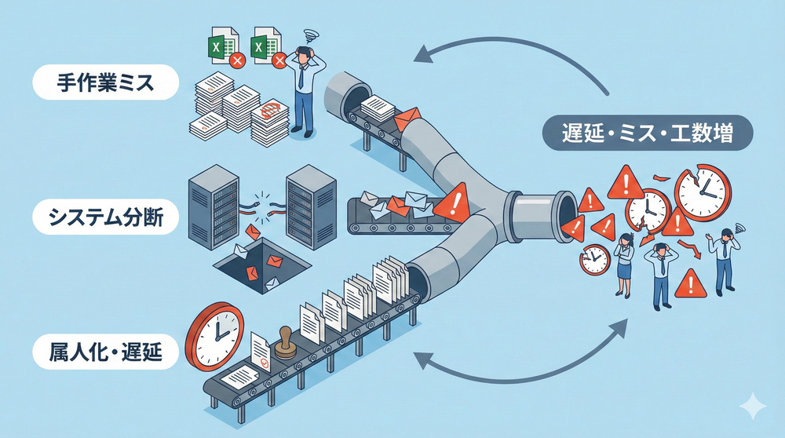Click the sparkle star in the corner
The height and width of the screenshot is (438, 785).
[x=751, y=406]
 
